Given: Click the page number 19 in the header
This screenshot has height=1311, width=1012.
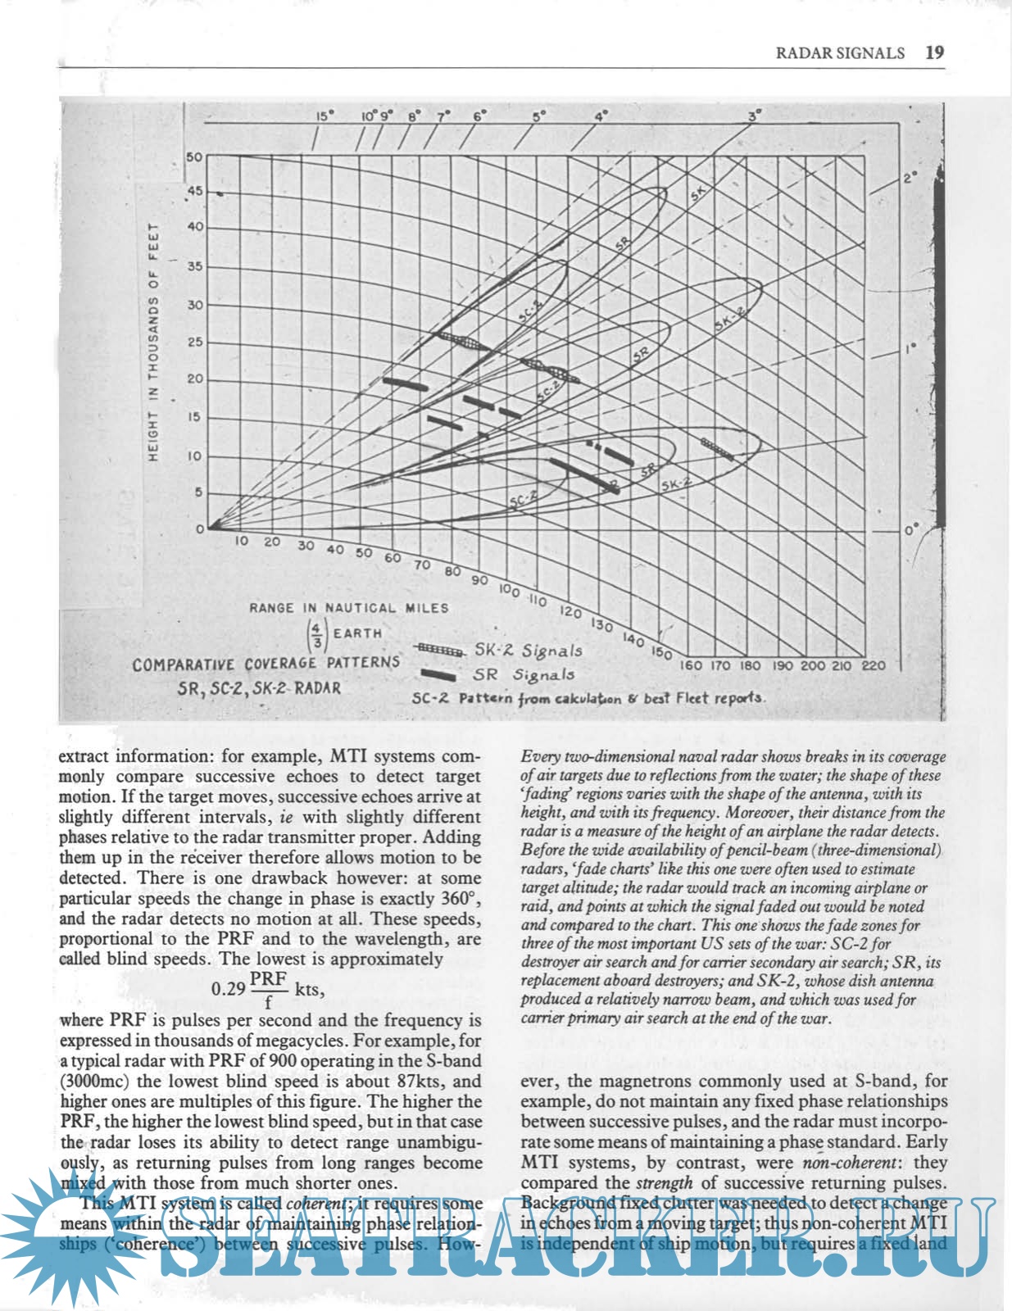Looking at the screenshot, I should coord(934,52).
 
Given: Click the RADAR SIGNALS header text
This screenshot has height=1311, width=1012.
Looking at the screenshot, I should coord(840,53).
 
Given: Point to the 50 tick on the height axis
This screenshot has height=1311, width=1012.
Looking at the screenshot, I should coord(194,157).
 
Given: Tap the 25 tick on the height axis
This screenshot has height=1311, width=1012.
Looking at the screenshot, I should coord(194,342).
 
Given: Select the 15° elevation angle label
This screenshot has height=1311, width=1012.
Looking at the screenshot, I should coord(325,116).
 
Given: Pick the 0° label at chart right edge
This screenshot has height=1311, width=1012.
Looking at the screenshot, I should coord(912,530).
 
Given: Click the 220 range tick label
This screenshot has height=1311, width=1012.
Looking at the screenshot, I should coord(874,665).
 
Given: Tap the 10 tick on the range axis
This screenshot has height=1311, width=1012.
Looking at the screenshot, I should coord(243,541).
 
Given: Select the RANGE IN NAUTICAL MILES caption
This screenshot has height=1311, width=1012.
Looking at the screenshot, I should coord(349,608).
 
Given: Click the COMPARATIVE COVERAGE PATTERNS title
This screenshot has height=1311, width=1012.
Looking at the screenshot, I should coord(266,663).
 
